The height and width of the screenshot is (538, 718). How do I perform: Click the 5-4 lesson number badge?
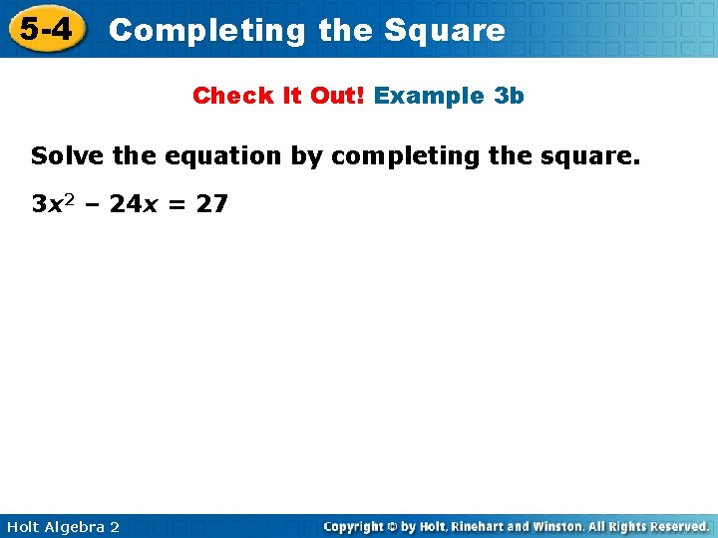pyautogui.click(x=45, y=29)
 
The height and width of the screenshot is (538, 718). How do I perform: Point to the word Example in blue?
pyautogui.click(x=429, y=96)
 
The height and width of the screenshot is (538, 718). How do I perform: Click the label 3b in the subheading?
pyautogui.click(x=509, y=96)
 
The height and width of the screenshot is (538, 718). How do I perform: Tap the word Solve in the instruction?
pyautogui.click(x=63, y=156)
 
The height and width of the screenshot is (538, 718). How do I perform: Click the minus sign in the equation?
pyautogui.click(x=93, y=205)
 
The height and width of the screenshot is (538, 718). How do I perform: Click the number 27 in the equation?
pyautogui.click(x=213, y=205)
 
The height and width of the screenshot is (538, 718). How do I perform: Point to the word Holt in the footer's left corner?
pyautogui.click(x=24, y=527)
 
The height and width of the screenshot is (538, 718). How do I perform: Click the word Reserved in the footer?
pyautogui.click(x=675, y=526)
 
